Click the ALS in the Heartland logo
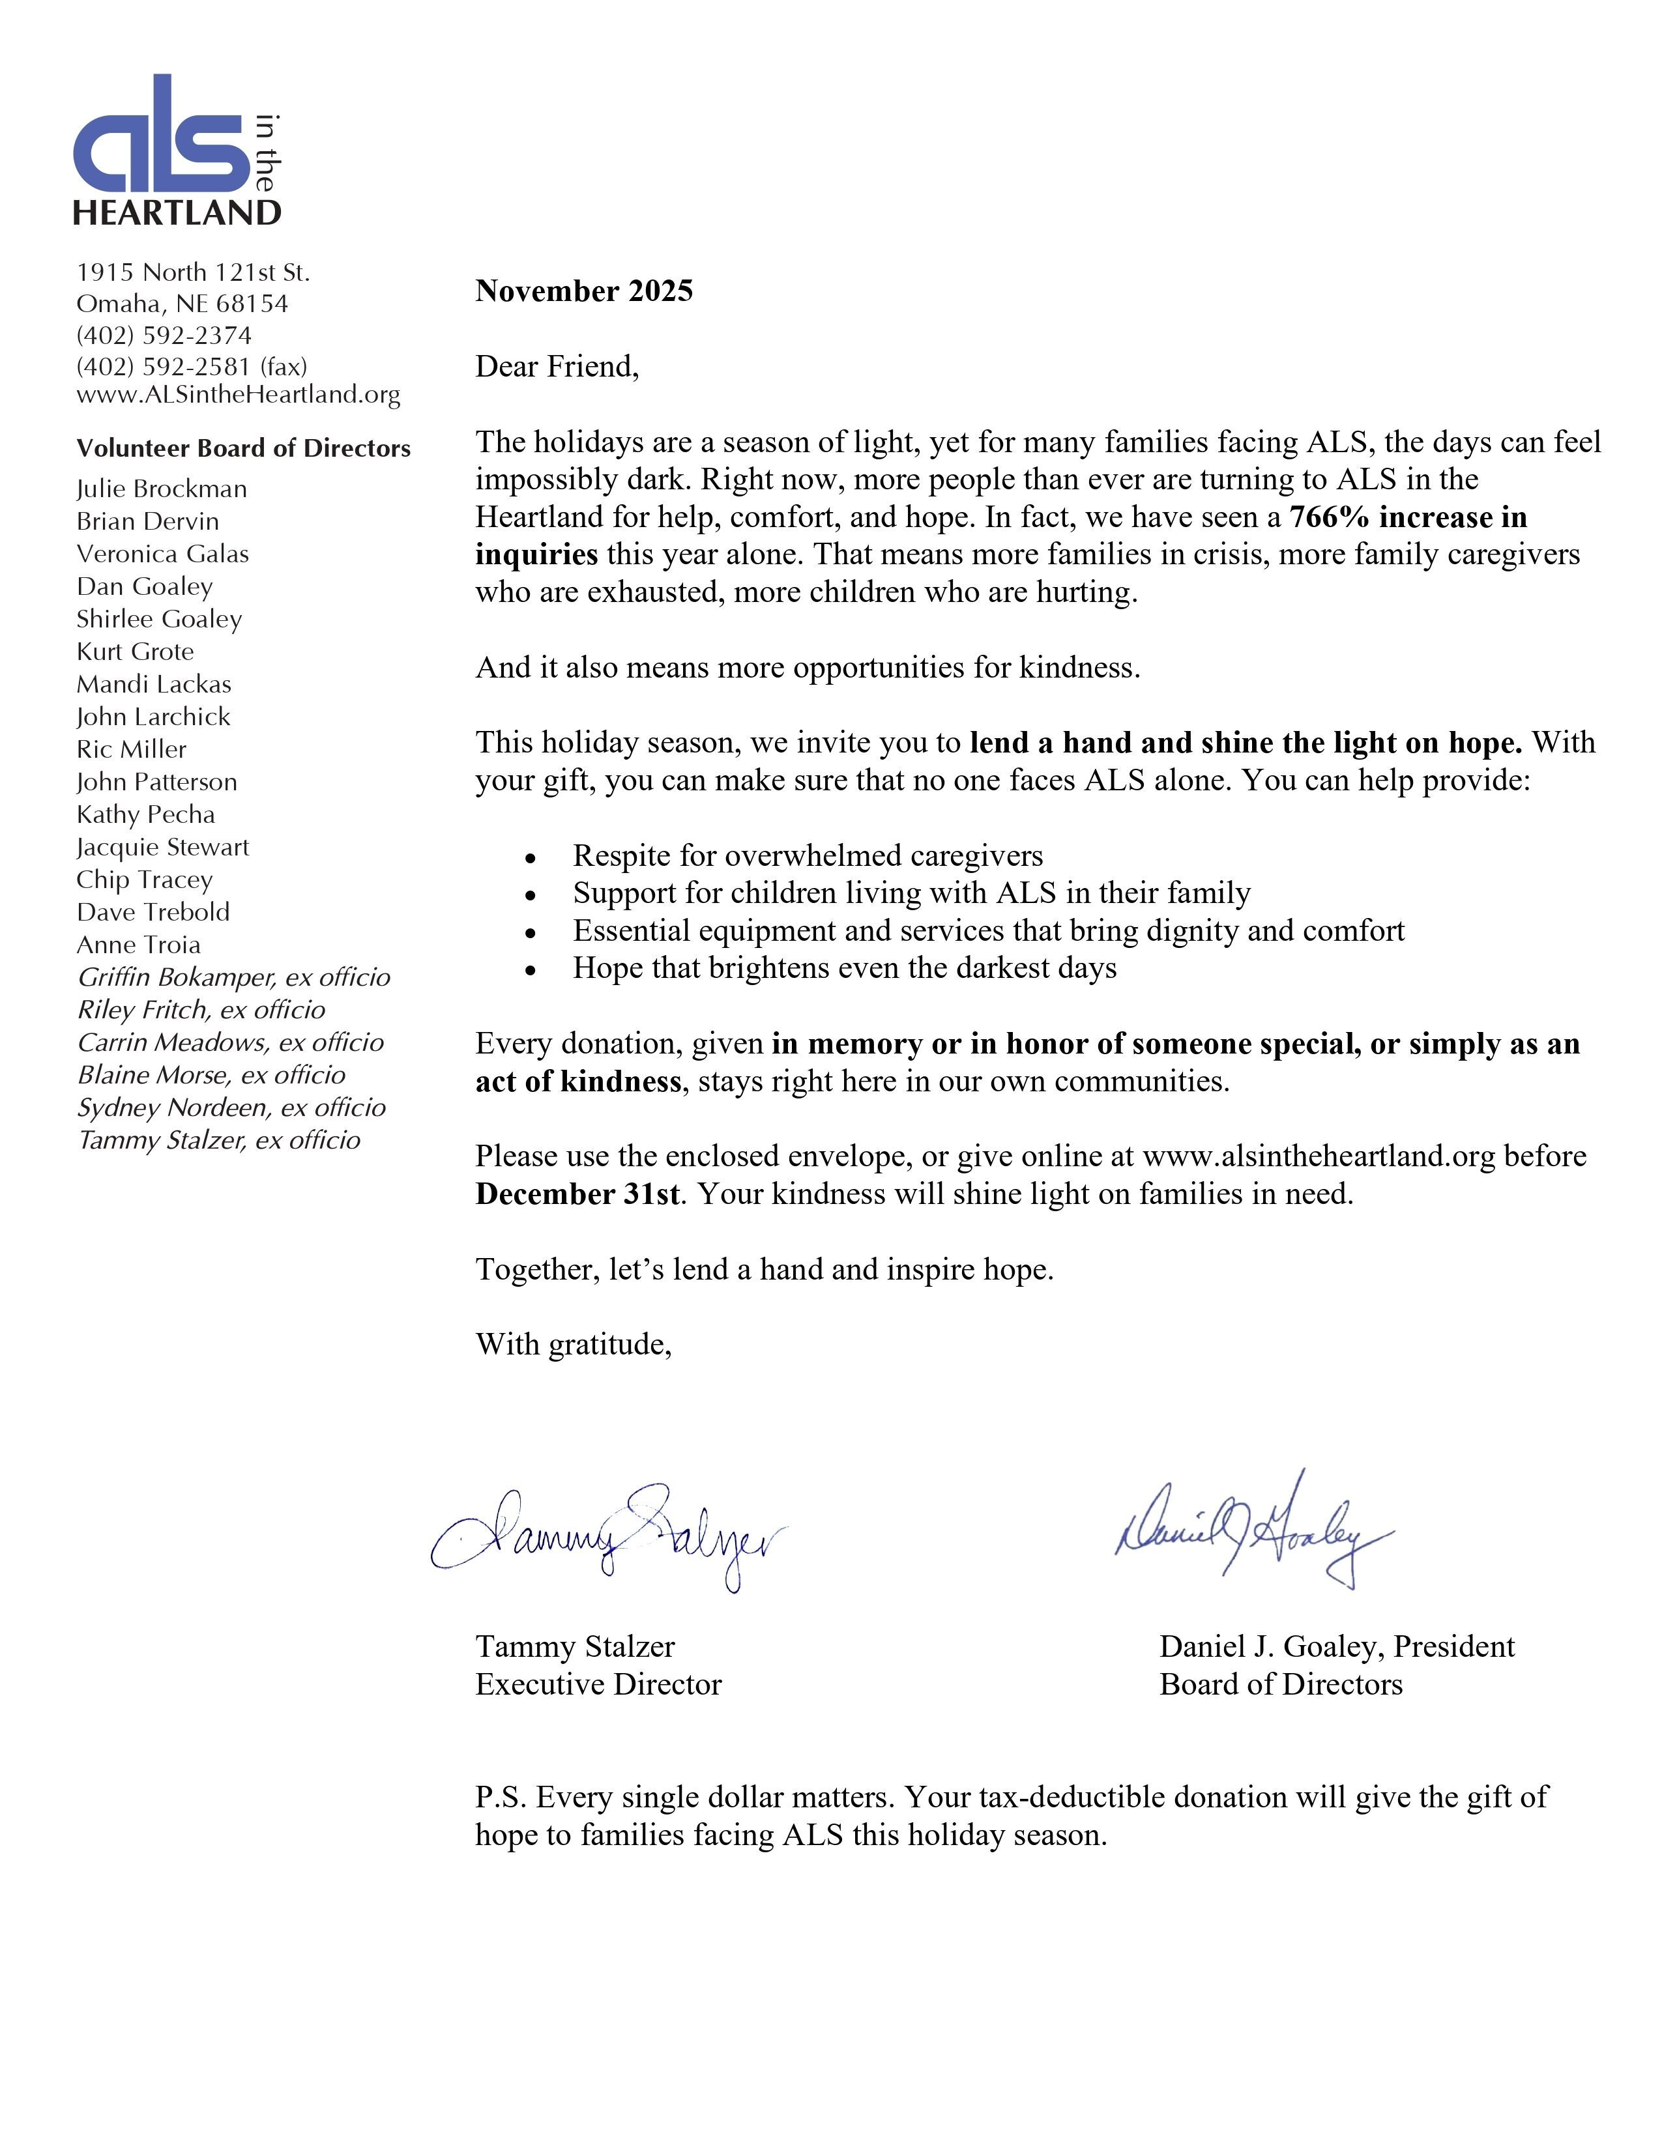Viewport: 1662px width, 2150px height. [177, 150]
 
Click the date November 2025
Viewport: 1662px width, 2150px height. [584, 291]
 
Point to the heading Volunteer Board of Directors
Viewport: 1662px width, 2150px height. [243, 449]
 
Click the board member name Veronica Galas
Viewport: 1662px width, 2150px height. [162, 554]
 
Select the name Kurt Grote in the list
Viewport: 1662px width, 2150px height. [135, 652]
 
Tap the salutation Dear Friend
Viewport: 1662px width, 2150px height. [557, 367]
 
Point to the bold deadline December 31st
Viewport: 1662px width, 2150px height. [577, 1194]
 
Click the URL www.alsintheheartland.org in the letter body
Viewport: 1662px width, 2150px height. [1319, 1156]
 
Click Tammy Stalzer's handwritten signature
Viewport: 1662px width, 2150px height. [607, 1538]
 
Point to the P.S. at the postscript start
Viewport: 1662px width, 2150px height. [502, 1798]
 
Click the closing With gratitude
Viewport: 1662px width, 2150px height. [573, 1345]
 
